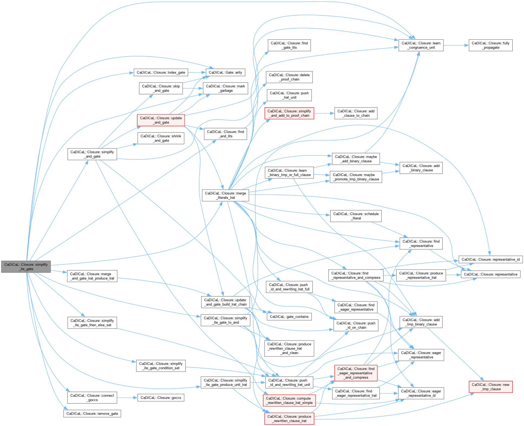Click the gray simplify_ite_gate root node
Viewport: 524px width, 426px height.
tap(26, 266)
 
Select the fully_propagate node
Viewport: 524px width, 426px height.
tap(490, 45)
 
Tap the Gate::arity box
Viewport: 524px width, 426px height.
tap(225, 72)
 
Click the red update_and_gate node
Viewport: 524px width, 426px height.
tap(161, 120)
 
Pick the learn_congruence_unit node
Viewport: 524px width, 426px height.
tap(421, 45)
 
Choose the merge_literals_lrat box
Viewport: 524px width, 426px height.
tap(225, 195)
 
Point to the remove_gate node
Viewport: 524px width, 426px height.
tap(92, 414)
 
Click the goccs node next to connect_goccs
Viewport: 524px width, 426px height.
tap(161, 398)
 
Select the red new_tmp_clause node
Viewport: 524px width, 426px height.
tap(490, 387)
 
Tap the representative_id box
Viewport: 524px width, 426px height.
tap(490, 259)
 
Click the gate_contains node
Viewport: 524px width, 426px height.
tap(289, 317)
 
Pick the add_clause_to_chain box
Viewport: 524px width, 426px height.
tap(356, 113)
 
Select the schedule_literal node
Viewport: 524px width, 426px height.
tap(356, 216)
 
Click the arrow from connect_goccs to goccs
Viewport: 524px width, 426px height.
tap(127, 398)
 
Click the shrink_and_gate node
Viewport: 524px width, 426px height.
tap(161, 138)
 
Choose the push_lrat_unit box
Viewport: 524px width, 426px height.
tap(289, 95)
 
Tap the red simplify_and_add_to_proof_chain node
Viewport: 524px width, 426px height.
tap(289, 113)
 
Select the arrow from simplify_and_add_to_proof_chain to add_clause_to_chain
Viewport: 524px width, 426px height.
tap(324, 113)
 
